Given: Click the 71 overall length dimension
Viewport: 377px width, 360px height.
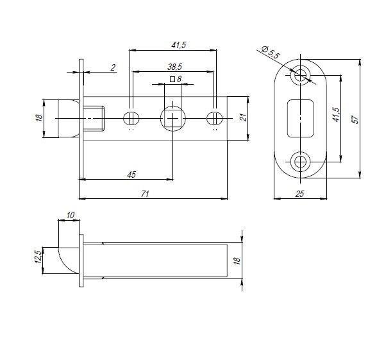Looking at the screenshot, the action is tap(145, 194).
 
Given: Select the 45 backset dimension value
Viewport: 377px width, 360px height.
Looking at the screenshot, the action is tap(131, 175).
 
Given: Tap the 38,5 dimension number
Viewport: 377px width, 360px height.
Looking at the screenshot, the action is tap(174, 67).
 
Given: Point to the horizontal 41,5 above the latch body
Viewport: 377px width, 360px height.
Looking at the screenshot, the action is tap(179, 45).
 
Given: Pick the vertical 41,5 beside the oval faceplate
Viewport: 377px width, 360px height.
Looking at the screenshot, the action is tap(336, 114).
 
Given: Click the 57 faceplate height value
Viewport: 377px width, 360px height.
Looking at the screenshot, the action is tap(355, 119).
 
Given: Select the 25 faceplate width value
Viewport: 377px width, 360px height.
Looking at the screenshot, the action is tap(299, 194).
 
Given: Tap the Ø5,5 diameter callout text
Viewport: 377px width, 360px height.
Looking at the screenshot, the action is tap(271, 52).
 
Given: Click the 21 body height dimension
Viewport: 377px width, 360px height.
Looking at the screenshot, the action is tap(244, 117).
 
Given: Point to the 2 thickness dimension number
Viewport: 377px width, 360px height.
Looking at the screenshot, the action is tap(113, 67).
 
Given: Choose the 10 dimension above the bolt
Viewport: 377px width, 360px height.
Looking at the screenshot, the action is tap(71, 215).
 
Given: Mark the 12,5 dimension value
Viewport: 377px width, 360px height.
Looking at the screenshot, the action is tap(38, 257).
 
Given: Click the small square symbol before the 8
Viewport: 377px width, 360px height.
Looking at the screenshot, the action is tap(172, 79).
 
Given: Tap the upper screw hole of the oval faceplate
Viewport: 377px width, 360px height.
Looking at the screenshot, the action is tap(300, 75).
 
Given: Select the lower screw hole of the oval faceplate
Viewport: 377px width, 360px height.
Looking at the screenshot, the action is tap(300, 162).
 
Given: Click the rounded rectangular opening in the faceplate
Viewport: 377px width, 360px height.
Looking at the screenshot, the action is tap(301, 118).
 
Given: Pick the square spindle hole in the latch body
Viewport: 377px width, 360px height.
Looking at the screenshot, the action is tap(173, 118).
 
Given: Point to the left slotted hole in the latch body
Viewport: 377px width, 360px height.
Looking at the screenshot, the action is tap(131, 118).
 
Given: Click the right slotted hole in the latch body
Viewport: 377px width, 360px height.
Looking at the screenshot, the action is tap(214, 118).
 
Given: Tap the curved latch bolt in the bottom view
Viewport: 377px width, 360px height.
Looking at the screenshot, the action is tap(69, 261).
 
